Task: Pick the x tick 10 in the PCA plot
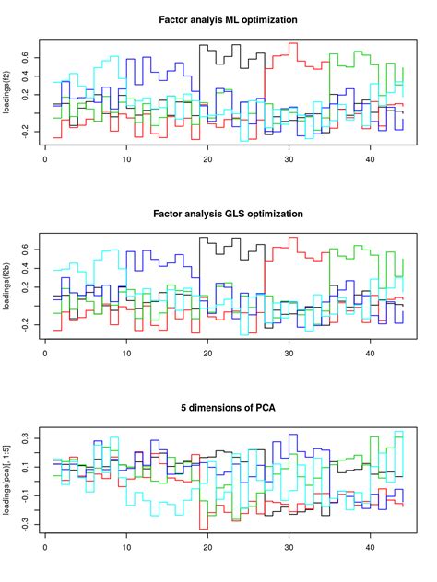coord(126,550)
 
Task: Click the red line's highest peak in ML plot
coord(292,43)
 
